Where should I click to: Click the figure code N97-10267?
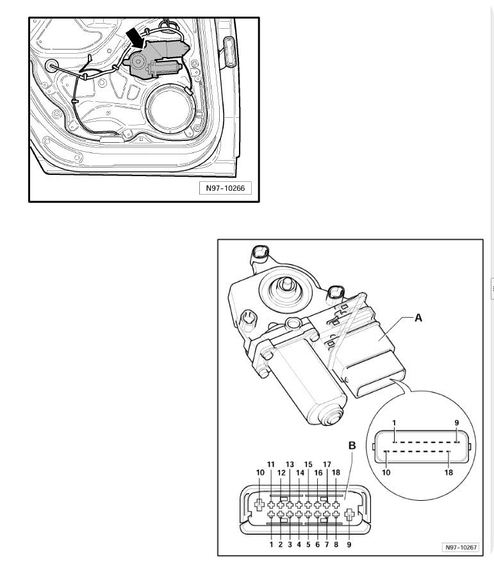pos(460,548)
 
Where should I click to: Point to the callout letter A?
pos(418,317)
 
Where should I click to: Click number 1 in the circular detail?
pos(395,423)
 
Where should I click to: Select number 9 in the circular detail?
pos(456,423)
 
